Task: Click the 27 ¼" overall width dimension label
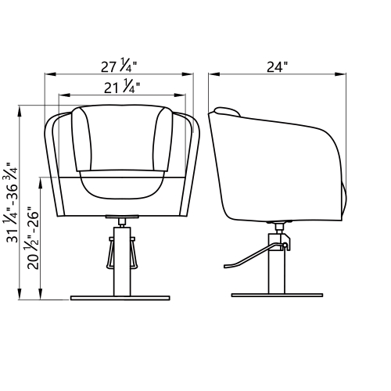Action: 119,65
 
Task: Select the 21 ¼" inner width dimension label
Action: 122,86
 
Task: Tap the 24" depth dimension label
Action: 277,67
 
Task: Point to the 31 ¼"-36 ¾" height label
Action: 11,203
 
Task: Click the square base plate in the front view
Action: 120,298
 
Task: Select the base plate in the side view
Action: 277,296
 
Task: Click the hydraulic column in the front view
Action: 122,261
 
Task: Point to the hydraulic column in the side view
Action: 277,264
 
